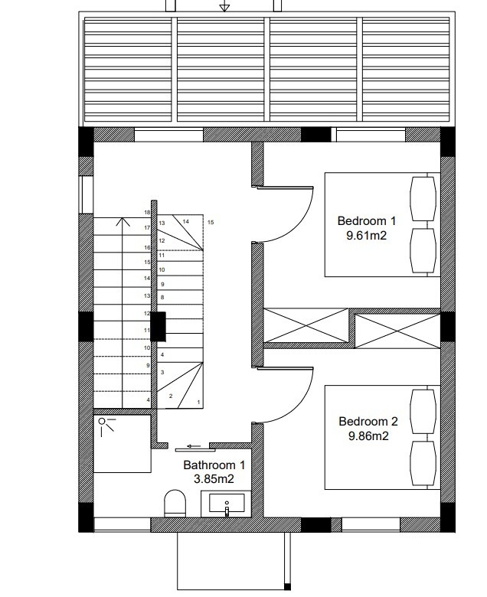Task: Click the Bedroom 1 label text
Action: [366, 221]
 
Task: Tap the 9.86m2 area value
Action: [368, 436]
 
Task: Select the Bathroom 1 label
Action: [214, 465]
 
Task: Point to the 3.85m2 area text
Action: [214, 478]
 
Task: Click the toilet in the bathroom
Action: [175, 504]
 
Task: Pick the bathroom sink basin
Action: [227, 504]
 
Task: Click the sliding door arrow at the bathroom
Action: [194, 446]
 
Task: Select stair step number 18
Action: [147, 213]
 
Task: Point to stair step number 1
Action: [198, 402]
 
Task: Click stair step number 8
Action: [162, 298]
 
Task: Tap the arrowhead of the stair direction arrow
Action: [123, 221]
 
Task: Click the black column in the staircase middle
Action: [159, 326]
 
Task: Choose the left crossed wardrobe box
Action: [306, 325]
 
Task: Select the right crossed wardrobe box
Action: [397, 331]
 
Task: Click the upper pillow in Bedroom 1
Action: [423, 199]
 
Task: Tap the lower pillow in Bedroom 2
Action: [423, 463]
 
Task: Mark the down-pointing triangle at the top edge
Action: [224, 7]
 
